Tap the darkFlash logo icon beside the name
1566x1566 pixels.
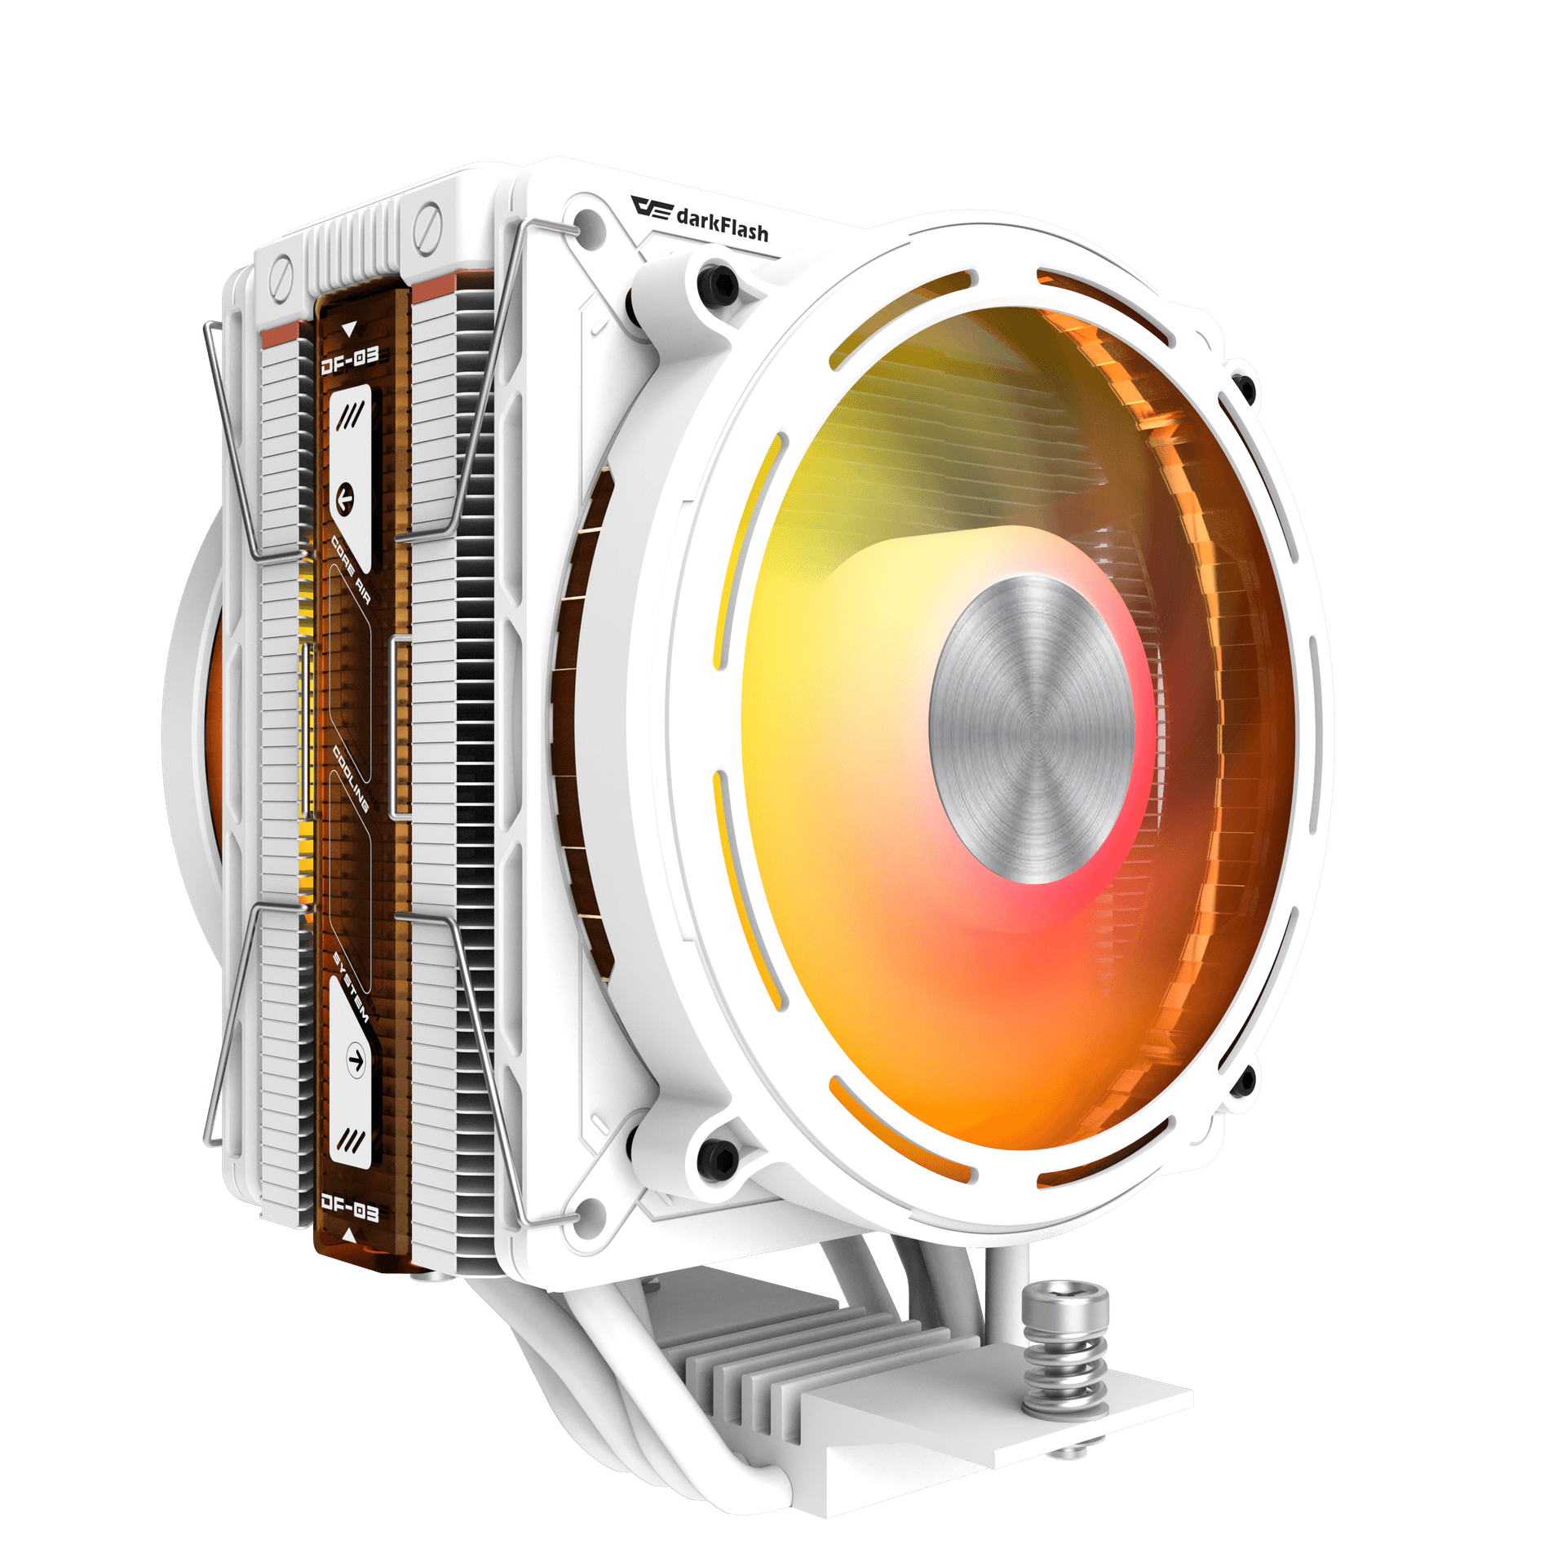(652, 207)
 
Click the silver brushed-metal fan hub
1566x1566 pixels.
(1031, 728)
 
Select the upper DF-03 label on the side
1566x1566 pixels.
(350, 360)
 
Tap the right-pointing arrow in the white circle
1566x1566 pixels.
(356, 1059)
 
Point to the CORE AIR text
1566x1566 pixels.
(351, 571)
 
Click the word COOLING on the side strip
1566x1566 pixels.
(351, 779)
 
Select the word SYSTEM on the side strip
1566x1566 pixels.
(352, 986)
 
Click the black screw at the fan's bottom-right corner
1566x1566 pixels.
(1241, 1081)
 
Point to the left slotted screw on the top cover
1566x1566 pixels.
(281, 270)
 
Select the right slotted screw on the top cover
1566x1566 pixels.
(427, 221)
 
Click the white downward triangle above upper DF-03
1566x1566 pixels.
(350, 329)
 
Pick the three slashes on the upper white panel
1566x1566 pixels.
(351, 417)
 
